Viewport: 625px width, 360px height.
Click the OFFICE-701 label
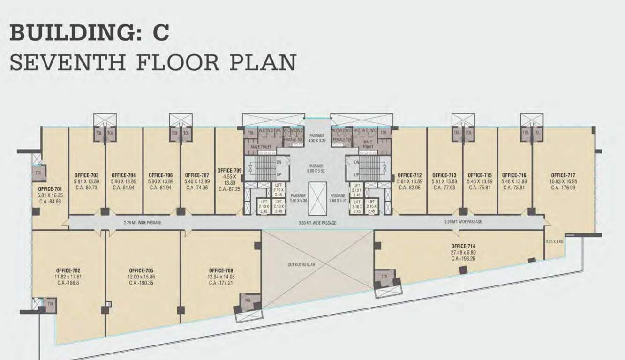click(x=49, y=189)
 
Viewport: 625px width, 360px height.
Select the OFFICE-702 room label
click(x=68, y=270)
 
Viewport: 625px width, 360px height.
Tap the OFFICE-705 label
click(x=141, y=270)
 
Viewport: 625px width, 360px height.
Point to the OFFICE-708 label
click(x=222, y=270)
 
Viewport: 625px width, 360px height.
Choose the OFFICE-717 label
click(x=563, y=175)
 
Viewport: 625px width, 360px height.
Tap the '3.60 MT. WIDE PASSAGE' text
click(x=317, y=223)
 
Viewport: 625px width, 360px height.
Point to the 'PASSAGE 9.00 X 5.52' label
click(x=316, y=169)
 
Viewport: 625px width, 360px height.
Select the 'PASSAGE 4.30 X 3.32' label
click(x=316, y=138)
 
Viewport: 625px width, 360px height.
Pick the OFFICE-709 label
click(x=229, y=171)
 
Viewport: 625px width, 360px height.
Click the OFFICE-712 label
click(x=409, y=175)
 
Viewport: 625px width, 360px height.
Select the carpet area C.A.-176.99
click(x=563, y=187)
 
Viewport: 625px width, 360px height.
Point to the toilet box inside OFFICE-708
click(x=248, y=300)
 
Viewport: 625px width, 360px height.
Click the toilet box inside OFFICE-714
click(x=384, y=277)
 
